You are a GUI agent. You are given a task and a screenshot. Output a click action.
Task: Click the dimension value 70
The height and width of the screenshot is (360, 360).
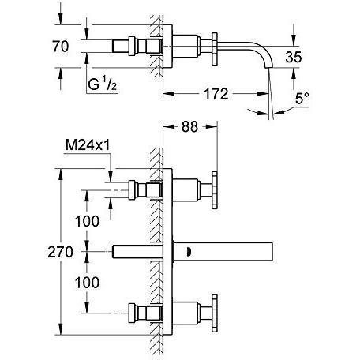61,47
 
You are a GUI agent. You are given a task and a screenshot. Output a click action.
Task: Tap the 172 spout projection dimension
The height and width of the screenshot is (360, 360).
216,94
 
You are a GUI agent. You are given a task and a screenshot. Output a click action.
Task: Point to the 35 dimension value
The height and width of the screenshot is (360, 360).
294,57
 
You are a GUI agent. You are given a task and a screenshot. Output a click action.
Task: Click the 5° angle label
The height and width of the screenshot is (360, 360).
302,99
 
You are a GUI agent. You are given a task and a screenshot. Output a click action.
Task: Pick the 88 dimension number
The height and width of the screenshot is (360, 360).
189,126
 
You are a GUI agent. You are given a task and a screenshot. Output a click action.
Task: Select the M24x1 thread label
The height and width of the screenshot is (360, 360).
88,145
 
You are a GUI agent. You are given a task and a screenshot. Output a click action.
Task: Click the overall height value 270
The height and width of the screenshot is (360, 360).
60,252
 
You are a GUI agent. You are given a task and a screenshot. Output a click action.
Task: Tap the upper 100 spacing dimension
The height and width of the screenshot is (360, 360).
87,221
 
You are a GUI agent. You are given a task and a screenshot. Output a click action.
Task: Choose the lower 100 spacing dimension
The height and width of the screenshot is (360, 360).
87,283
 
